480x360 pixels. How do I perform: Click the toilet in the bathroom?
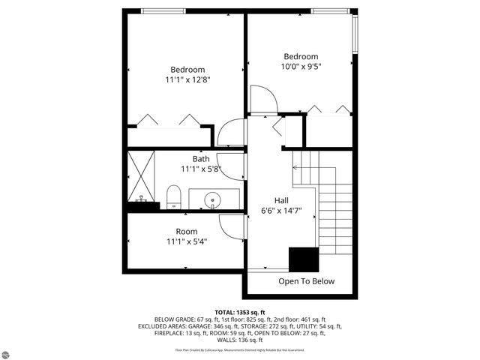[x=174, y=196]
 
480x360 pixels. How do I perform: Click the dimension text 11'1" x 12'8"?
[x=187, y=79]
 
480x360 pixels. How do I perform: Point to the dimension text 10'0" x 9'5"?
[x=300, y=66]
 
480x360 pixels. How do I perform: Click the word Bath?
[x=201, y=159]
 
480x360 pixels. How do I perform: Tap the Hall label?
[x=281, y=201]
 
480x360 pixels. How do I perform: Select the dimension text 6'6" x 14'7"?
[x=281, y=211]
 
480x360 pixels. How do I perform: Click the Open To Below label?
[x=306, y=282]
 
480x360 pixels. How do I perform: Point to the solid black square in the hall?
[x=304, y=259]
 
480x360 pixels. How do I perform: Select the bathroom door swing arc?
[x=232, y=163]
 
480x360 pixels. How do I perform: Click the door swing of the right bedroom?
[x=262, y=100]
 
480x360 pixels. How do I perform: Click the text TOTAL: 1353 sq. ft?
[x=239, y=311]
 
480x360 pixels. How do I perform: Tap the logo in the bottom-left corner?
[x=10, y=350]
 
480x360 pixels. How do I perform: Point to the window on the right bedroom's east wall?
[x=355, y=34]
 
